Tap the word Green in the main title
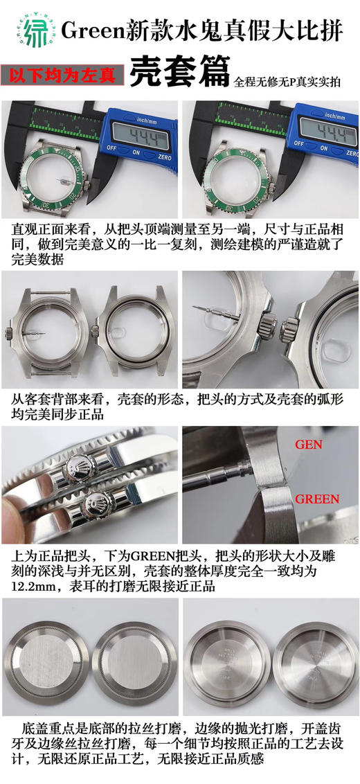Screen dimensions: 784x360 click(87, 29)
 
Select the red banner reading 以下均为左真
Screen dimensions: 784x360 click(62, 73)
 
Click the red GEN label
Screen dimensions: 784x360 click(309, 445)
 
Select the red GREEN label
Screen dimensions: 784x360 click(317, 499)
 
